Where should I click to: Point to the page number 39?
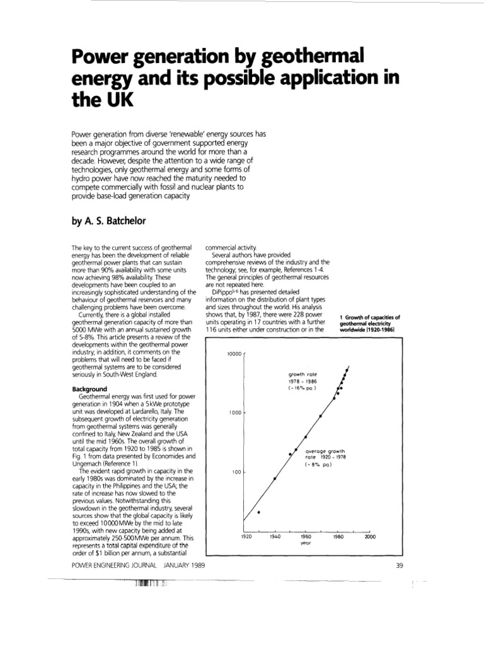399,565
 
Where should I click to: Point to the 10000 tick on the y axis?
233,354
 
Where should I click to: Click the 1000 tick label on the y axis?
235,413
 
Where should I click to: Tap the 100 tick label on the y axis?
237,472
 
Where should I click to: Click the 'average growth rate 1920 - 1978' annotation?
325,458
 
